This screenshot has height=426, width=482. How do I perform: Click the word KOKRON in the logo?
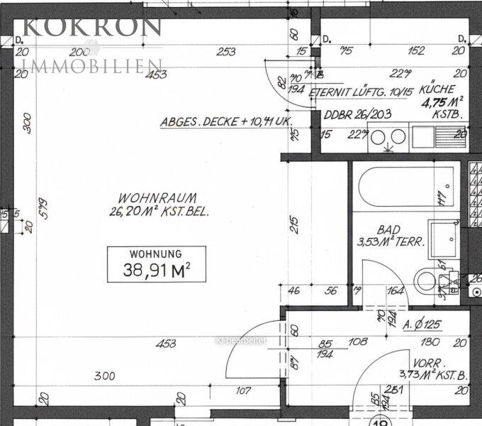(92, 27)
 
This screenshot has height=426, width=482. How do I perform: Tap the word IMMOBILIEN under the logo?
(92, 67)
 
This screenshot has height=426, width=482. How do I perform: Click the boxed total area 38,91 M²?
(156, 269)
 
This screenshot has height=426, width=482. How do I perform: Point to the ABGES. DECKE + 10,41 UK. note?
(225, 122)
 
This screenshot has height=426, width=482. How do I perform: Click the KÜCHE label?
(437, 90)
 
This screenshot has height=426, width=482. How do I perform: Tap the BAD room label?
(389, 230)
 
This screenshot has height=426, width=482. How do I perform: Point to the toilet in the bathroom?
(432, 277)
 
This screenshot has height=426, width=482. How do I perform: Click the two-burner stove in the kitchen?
(388, 138)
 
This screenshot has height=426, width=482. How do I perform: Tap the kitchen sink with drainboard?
(435, 135)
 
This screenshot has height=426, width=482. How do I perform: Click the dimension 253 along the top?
(226, 51)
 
